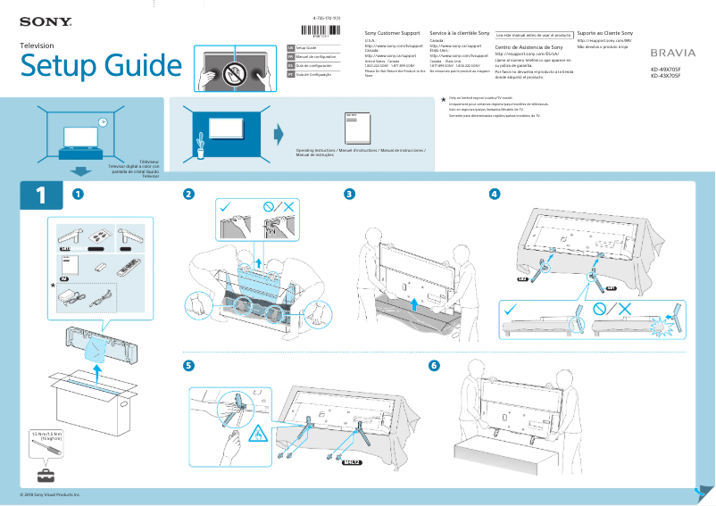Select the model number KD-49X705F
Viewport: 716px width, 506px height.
[671, 69]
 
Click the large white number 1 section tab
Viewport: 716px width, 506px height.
[40, 195]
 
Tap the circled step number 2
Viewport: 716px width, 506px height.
[187, 194]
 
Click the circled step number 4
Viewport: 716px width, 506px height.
[495, 194]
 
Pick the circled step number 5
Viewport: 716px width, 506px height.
[187, 366]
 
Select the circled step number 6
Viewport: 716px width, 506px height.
[435, 366]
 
